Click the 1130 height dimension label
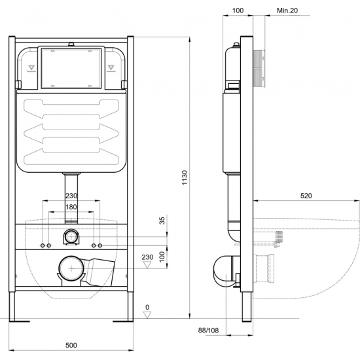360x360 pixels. click(185, 177)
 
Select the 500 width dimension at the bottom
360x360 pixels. click(71, 345)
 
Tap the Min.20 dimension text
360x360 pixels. click(287, 10)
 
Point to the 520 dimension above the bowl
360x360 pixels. click(306, 196)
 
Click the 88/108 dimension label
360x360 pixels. click(208, 331)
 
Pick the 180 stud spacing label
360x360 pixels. click(71, 207)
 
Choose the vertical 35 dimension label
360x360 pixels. click(162, 221)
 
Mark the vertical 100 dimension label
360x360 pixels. click(162, 257)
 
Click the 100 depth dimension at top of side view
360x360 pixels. click(238, 10)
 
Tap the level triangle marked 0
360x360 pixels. click(147, 315)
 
